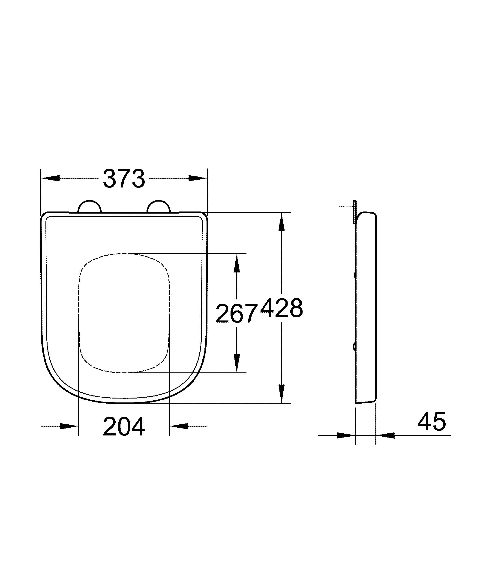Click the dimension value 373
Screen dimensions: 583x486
point(124,178)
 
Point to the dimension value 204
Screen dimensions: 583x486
point(124,426)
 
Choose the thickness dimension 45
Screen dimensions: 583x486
point(431,421)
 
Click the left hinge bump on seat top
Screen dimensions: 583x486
point(89,207)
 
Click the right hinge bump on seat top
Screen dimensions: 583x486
point(158,207)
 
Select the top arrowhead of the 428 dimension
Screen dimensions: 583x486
point(281,222)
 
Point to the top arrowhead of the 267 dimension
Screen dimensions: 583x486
point(236,263)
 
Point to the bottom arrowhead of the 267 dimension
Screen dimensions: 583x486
point(236,363)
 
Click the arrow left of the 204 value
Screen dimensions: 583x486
point(69,426)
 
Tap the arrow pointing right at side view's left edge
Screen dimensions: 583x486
point(346,435)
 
